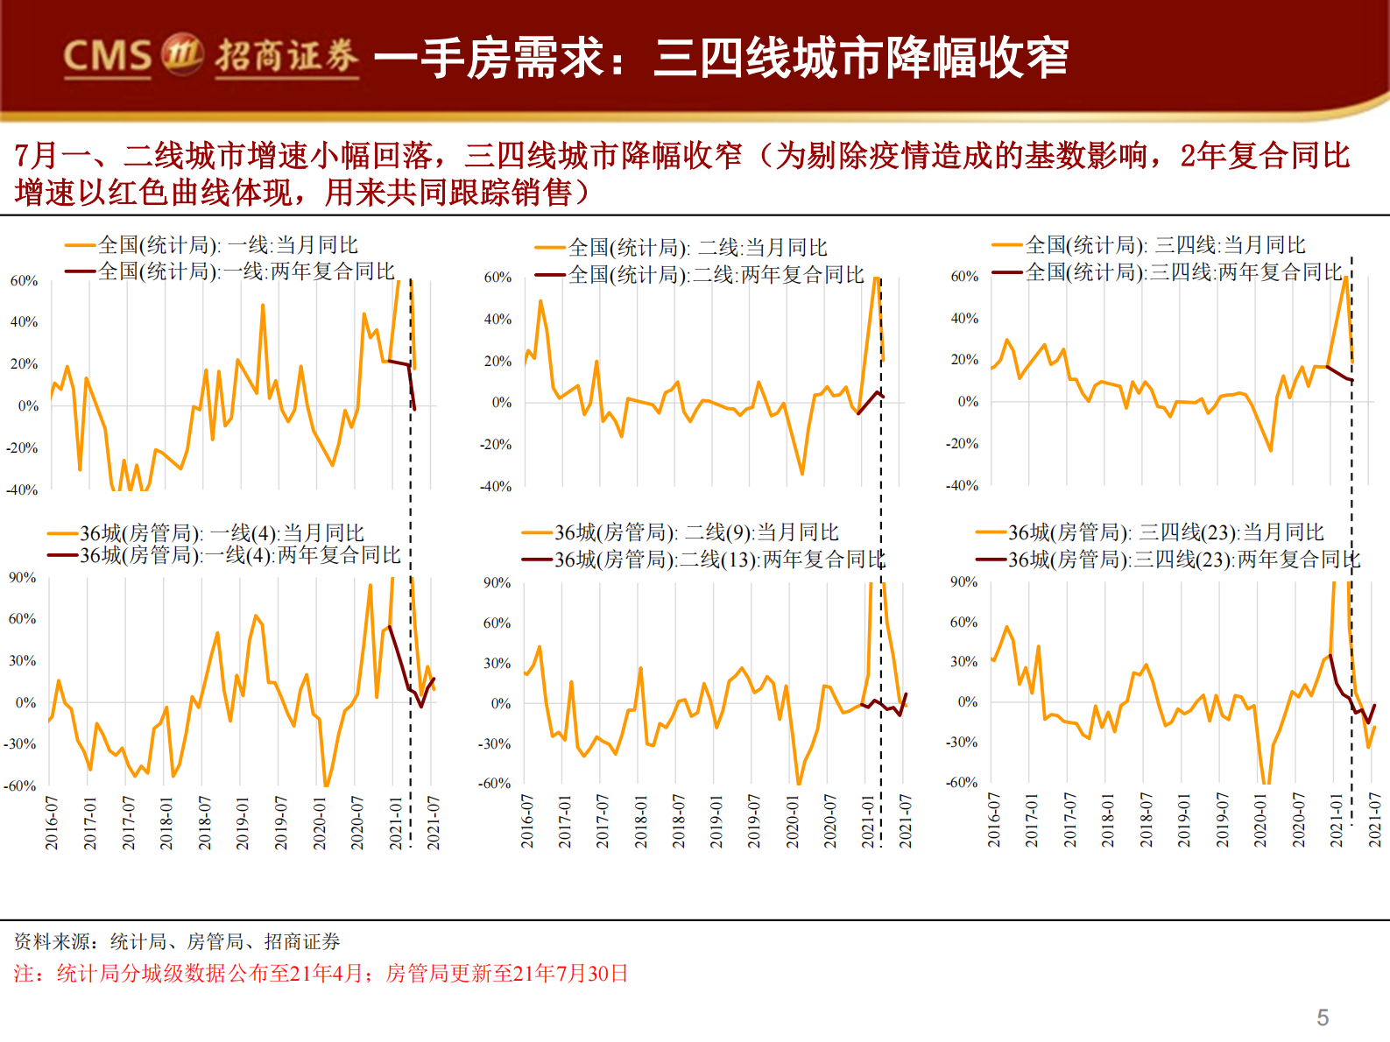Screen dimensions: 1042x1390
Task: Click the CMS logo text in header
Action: [x=107, y=56]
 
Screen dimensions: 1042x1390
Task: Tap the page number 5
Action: [x=1322, y=1017]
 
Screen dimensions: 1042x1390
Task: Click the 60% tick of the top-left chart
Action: [x=24, y=281]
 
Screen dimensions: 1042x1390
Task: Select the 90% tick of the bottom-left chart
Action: [x=23, y=578]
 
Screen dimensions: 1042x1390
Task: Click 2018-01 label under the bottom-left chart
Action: [x=166, y=822]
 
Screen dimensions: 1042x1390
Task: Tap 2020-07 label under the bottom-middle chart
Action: [x=830, y=820]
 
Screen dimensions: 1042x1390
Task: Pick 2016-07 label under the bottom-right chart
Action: [x=994, y=820]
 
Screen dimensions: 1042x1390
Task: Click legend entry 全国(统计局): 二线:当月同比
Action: [x=697, y=248]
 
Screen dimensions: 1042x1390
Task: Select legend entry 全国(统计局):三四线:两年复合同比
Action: [x=1183, y=272]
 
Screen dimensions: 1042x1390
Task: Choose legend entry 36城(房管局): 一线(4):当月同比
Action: [x=222, y=533]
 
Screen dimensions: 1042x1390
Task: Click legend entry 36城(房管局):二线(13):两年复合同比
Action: [x=719, y=559]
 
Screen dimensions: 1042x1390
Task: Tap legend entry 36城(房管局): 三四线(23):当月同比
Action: [x=1166, y=532]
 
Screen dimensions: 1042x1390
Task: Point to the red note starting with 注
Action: [x=321, y=974]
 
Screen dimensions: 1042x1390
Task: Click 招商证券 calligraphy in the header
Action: [x=286, y=56]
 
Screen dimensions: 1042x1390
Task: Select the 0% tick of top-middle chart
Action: [x=501, y=403]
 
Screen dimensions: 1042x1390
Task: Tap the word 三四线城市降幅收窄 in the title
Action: [x=860, y=58]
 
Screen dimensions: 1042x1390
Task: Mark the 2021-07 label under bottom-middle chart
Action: [x=906, y=820]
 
